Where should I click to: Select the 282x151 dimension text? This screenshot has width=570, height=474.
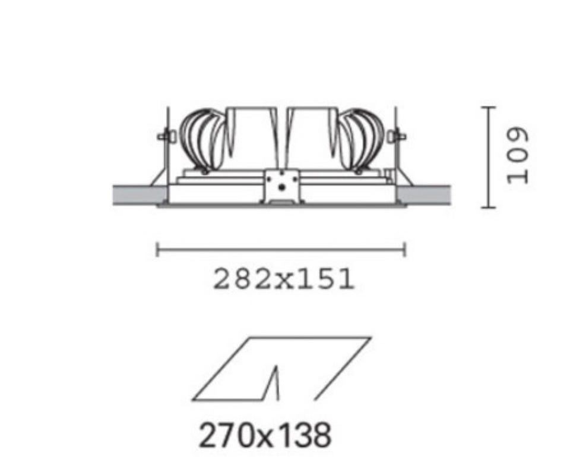point(284,279)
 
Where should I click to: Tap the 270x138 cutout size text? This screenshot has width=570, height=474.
point(265,435)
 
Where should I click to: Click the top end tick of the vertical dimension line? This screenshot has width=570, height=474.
point(488,108)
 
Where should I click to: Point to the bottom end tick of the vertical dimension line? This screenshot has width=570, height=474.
point(488,208)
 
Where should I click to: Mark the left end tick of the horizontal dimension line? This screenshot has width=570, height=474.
point(157,250)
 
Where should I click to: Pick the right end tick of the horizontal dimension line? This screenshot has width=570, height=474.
point(404,250)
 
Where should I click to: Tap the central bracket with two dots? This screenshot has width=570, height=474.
point(282,186)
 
